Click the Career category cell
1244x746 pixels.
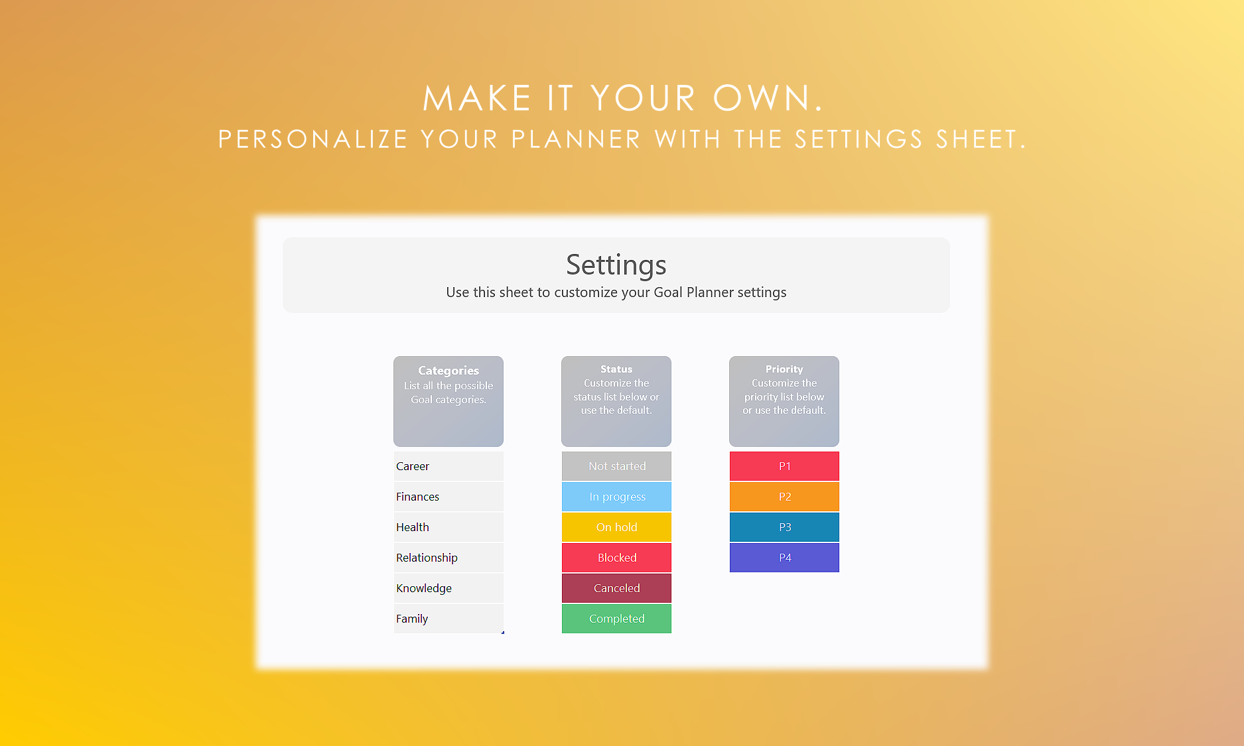tap(449, 466)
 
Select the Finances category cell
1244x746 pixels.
tap(449, 497)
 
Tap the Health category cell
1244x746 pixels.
tap(449, 527)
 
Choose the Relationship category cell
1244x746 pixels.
tap(449, 558)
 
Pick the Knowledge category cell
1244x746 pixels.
tap(449, 588)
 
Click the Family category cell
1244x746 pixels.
tap(449, 619)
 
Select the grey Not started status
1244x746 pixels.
tap(616, 466)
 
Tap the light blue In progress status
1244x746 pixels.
tap(616, 497)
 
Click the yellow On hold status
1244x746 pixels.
tap(616, 527)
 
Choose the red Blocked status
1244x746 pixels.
tap(616, 558)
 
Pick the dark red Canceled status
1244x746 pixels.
tap(616, 588)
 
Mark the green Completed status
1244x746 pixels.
tap(616, 619)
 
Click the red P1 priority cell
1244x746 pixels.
tap(784, 466)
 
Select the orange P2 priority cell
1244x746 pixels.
tap(784, 497)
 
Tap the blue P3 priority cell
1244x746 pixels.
tap(784, 527)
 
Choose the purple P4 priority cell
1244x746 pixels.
tap(784, 558)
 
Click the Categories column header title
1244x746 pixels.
tap(449, 371)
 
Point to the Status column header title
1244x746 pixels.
tap(616, 369)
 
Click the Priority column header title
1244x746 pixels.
tap(784, 369)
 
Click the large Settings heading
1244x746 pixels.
tap(616, 265)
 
